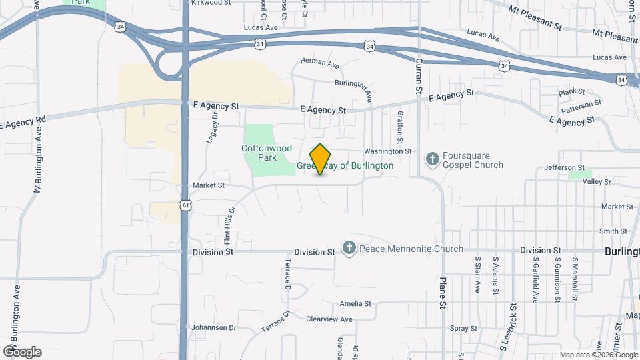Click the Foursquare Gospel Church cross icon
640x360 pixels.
(x=432, y=159)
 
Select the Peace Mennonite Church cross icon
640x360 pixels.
(x=349, y=249)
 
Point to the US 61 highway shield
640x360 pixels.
(x=184, y=205)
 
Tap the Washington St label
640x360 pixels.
(x=387, y=151)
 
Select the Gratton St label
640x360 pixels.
(x=400, y=127)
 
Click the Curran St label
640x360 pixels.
(x=419, y=75)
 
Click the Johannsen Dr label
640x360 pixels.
(x=214, y=327)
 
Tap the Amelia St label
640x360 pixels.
(x=355, y=303)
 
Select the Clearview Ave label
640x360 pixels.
(x=329, y=319)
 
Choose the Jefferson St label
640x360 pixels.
(x=564, y=167)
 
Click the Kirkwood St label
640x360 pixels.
(x=211, y=3)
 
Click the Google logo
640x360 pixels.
(x=22, y=351)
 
